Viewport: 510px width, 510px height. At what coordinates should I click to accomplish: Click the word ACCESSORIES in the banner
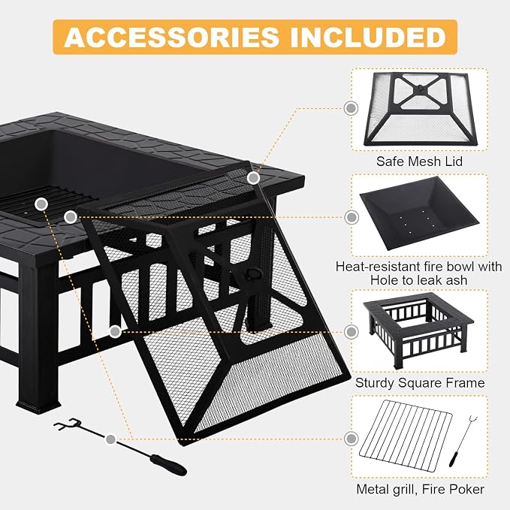(171, 37)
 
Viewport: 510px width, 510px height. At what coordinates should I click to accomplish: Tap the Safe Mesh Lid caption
(419, 161)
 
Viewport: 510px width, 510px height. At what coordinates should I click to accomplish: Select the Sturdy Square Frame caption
(420, 382)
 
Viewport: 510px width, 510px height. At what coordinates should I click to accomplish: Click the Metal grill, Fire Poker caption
(420, 489)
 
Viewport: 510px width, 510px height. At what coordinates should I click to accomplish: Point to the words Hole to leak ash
(419, 280)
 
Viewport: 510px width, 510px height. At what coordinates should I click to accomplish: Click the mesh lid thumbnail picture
(420, 109)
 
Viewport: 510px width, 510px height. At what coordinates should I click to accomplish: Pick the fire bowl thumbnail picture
(420, 213)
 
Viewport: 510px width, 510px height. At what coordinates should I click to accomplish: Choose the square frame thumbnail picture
(418, 330)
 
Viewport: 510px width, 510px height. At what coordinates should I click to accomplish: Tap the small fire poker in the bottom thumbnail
(460, 441)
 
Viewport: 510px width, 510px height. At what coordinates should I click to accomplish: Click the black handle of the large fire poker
(167, 465)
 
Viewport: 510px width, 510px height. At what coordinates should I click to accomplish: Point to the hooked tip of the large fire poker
(68, 424)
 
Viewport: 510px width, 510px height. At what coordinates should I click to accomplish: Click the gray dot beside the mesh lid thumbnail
(351, 108)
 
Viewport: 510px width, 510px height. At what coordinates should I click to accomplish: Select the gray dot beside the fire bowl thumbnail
(352, 217)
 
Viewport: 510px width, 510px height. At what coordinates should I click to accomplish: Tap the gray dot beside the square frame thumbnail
(352, 332)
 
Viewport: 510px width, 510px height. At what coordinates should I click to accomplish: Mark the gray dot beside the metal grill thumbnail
(352, 439)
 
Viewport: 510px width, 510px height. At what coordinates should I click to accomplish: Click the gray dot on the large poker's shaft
(110, 439)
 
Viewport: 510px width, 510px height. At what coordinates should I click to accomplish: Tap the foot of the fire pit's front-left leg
(39, 408)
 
